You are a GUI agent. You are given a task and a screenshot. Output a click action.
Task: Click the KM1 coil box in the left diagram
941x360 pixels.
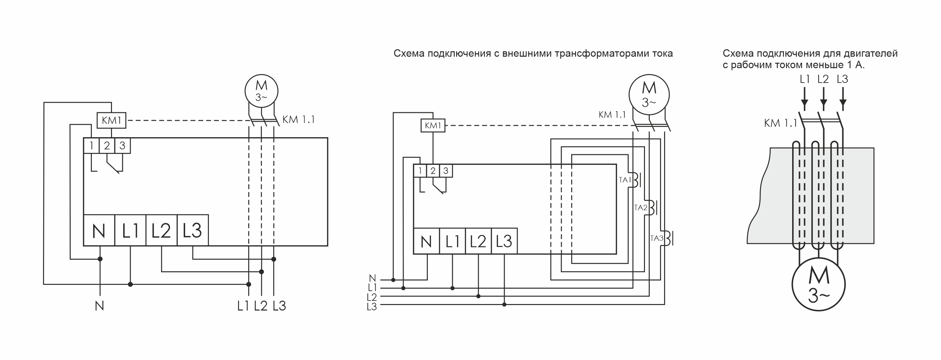pos(111,120)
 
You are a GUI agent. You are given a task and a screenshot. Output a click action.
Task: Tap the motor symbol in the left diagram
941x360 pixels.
pos(261,91)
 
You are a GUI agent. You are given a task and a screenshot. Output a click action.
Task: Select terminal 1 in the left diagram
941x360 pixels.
pos(91,146)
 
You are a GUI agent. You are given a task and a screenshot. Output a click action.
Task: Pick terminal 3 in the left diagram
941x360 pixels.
pos(122,146)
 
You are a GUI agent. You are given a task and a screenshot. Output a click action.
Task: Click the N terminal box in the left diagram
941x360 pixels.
pos(99,230)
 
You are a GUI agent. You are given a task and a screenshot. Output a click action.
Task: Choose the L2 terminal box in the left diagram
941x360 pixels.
pos(161,230)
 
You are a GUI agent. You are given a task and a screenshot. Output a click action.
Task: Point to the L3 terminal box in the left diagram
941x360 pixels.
pos(193,230)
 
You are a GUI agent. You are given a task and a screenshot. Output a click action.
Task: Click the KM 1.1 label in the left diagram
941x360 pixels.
pos(298,119)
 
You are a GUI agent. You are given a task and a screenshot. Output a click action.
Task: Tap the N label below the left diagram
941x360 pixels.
pos(99,306)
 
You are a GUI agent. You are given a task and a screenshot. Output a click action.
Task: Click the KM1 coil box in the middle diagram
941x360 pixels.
pos(433,126)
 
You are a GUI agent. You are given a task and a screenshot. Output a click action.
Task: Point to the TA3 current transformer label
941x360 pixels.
pos(657,239)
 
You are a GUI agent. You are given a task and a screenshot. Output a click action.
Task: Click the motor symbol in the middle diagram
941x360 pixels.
pos(649,95)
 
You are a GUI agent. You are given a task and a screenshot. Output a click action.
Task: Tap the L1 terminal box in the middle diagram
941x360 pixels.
pos(452,241)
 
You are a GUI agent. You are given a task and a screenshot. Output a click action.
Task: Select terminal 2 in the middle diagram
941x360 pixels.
pos(433,171)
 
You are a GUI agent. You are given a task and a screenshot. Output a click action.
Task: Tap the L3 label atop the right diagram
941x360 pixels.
pos(842,79)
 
